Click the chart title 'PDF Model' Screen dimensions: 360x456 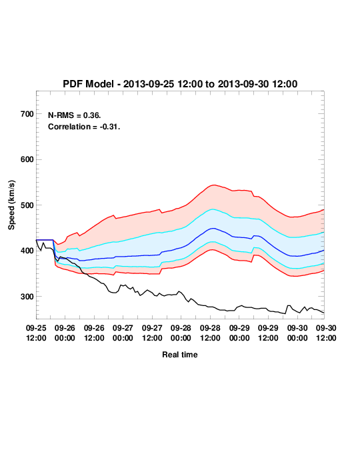pos(88,84)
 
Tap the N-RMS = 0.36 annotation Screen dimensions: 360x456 pos(75,115)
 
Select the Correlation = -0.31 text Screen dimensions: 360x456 pos(84,127)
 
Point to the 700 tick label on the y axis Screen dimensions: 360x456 pos(27,114)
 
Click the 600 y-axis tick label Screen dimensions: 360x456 pos(27,159)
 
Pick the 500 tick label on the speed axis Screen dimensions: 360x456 pos(27,205)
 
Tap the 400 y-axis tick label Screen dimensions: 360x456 pos(27,251)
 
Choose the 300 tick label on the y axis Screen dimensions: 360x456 pos(27,297)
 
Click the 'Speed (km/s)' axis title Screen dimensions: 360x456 pos(11,205)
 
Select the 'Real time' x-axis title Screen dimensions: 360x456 pos(180,355)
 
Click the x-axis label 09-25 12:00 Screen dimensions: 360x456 pos(36,333)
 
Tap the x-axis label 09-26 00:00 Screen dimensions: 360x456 pos(65,333)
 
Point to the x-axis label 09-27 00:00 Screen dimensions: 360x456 pos(123,333)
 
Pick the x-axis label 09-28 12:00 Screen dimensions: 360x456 pos(210,333)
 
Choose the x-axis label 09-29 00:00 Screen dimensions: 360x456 pos(239,333)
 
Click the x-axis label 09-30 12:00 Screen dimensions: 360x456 pos(326,333)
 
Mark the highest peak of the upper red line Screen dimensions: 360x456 pos(214,185)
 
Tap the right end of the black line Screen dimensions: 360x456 pos(324,313)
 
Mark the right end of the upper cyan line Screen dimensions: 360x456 pos(324,233)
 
